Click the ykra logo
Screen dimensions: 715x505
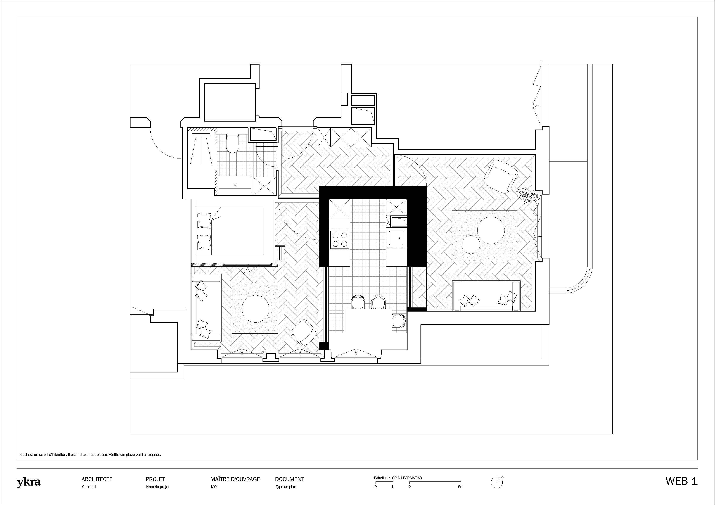click(29, 483)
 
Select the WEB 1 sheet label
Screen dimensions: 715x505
click(681, 481)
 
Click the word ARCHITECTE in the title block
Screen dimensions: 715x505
click(97, 479)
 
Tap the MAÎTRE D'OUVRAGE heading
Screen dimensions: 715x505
click(235, 479)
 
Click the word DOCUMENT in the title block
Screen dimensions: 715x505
click(290, 479)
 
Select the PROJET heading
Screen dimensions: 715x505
click(155, 479)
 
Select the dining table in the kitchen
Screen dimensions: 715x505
click(368, 321)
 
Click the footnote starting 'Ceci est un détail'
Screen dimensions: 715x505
click(91, 455)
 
